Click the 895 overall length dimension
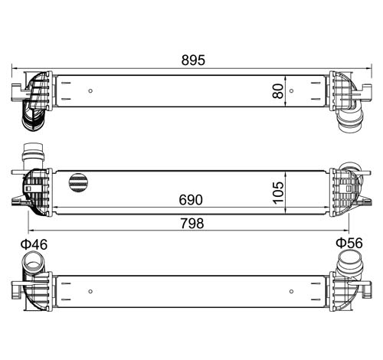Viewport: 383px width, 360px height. pos(193,61)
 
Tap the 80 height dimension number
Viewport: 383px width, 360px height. pos(278,91)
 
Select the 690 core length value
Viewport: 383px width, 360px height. pos(191,200)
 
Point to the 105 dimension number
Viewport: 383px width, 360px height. pos(279,192)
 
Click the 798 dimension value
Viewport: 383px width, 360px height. pos(192,224)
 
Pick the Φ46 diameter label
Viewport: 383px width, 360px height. pos(34,244)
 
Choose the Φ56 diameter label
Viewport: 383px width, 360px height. pos(349,243)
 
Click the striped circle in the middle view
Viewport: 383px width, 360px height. pos(79,182)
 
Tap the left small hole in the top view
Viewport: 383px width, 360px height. pos(90,90)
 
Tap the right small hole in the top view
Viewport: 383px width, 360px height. pos(291,90)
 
